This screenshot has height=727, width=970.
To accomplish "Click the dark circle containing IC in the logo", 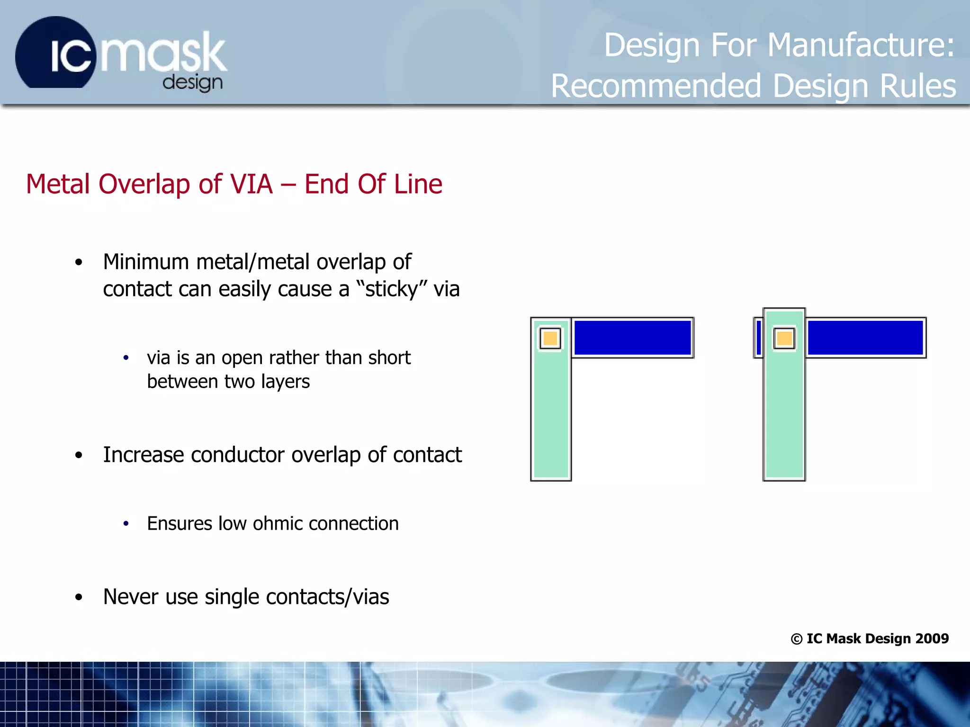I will pos(54,54).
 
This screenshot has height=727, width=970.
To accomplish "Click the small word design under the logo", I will pos(192,83).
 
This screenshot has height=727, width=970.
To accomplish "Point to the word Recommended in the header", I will pos(656,86).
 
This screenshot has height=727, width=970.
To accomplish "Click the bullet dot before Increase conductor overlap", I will pos(79,455).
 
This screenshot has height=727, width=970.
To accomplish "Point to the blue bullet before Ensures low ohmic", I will pos(126,523).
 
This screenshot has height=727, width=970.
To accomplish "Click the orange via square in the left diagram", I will pos(550,338).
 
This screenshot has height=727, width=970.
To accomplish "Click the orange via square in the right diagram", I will pos(784,338).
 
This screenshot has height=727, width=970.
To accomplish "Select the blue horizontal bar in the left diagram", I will pos(632,337).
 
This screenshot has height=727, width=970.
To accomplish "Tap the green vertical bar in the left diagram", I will pos(551,417).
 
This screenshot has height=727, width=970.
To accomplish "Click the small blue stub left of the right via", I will pos(759,337).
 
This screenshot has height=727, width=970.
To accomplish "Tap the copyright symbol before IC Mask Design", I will pos(796,639).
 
